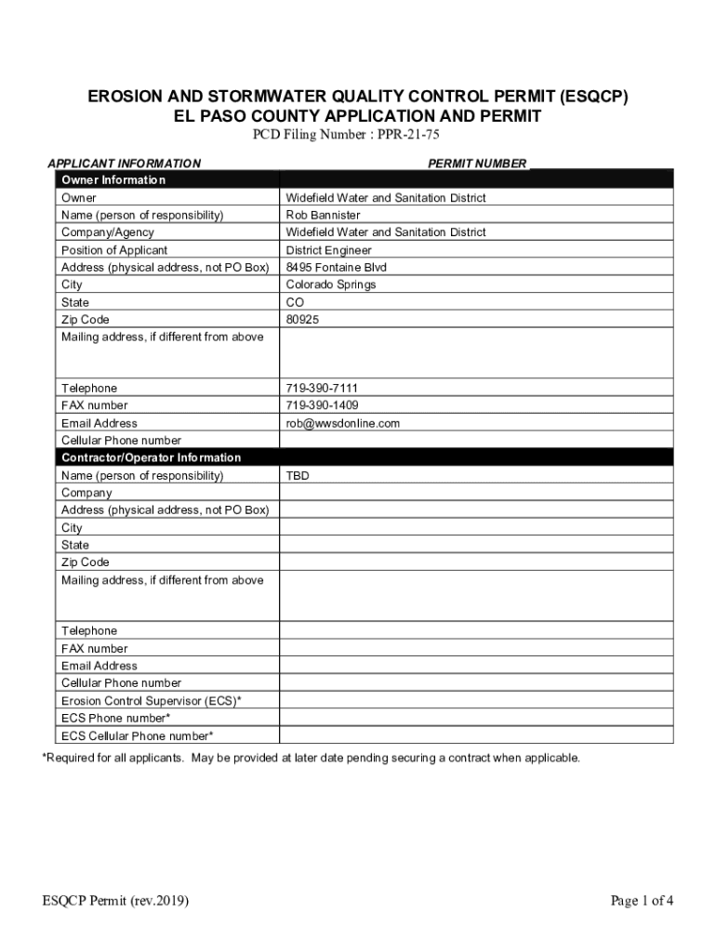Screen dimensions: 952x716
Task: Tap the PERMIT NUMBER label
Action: click(477, 164)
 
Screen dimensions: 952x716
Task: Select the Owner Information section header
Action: click(113, 180)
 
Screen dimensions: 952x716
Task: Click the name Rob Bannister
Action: click(323, 215)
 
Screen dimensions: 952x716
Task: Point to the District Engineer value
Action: click(328, 250)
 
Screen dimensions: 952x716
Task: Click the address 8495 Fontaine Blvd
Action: click(336, 267)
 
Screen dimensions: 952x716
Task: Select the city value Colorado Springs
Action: click(330, 284)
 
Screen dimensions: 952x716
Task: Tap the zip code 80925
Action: click(302, 319)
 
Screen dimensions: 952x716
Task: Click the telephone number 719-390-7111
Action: click(322, 388)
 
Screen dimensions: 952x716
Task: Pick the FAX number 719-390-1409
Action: click(322, 405)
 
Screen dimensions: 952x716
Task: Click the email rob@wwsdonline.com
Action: click(342, 423)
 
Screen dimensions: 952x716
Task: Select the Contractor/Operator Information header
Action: click(151, 457)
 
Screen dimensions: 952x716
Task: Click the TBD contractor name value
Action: click(298, 476)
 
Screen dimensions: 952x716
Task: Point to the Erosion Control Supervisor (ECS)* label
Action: click(152, 701)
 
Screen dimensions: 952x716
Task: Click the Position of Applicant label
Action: click(114, 250)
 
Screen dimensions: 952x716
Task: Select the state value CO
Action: click(295, 302)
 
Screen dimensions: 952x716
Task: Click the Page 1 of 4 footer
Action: click(642, 900)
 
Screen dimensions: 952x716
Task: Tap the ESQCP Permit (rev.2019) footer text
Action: click(115, 900)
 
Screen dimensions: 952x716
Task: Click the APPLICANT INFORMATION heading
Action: click(124, 164)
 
